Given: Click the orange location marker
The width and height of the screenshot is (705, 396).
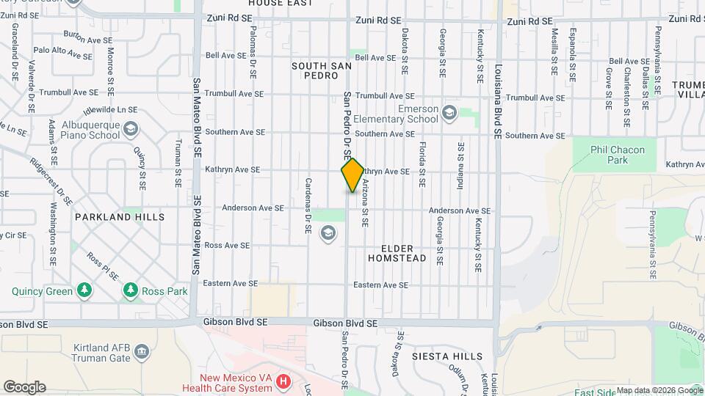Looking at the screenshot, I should [352, 175].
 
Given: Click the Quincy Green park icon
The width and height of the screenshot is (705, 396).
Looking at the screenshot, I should [84, 290].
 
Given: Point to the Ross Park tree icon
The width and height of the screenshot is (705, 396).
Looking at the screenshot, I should [131, 290].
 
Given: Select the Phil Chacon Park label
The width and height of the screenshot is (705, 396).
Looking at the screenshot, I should [618, 155].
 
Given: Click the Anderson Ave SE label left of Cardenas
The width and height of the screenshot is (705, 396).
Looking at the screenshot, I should [253, 208].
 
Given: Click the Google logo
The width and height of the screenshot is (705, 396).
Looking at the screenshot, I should [24, 386].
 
